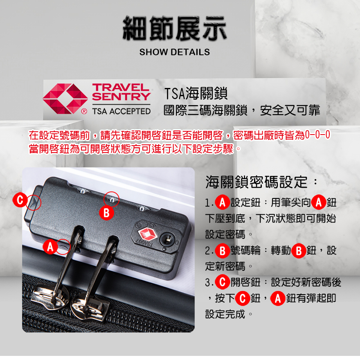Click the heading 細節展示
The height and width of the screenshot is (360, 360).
click(175, 28)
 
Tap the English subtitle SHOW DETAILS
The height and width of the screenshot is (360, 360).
click(175, 52)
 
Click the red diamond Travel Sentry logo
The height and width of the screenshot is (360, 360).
click(65, 99)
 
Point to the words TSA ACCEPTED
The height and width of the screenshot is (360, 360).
click(121, 111)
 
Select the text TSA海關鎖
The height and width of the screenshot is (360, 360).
click(196, 94)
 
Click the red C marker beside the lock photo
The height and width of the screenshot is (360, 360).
click(20, 200)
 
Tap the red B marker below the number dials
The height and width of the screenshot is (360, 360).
click(106, 213)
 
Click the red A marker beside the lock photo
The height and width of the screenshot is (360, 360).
click(50, 247)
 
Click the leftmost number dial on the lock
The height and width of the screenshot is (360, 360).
click(83, 191)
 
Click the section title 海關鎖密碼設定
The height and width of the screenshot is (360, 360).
click(256, 182)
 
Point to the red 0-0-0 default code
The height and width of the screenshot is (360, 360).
click(317, 135)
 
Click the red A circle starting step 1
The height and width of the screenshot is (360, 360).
click(222, 202)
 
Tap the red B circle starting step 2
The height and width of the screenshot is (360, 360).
click(222, 250)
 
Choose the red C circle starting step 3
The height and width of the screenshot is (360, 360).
click(222, 282)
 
